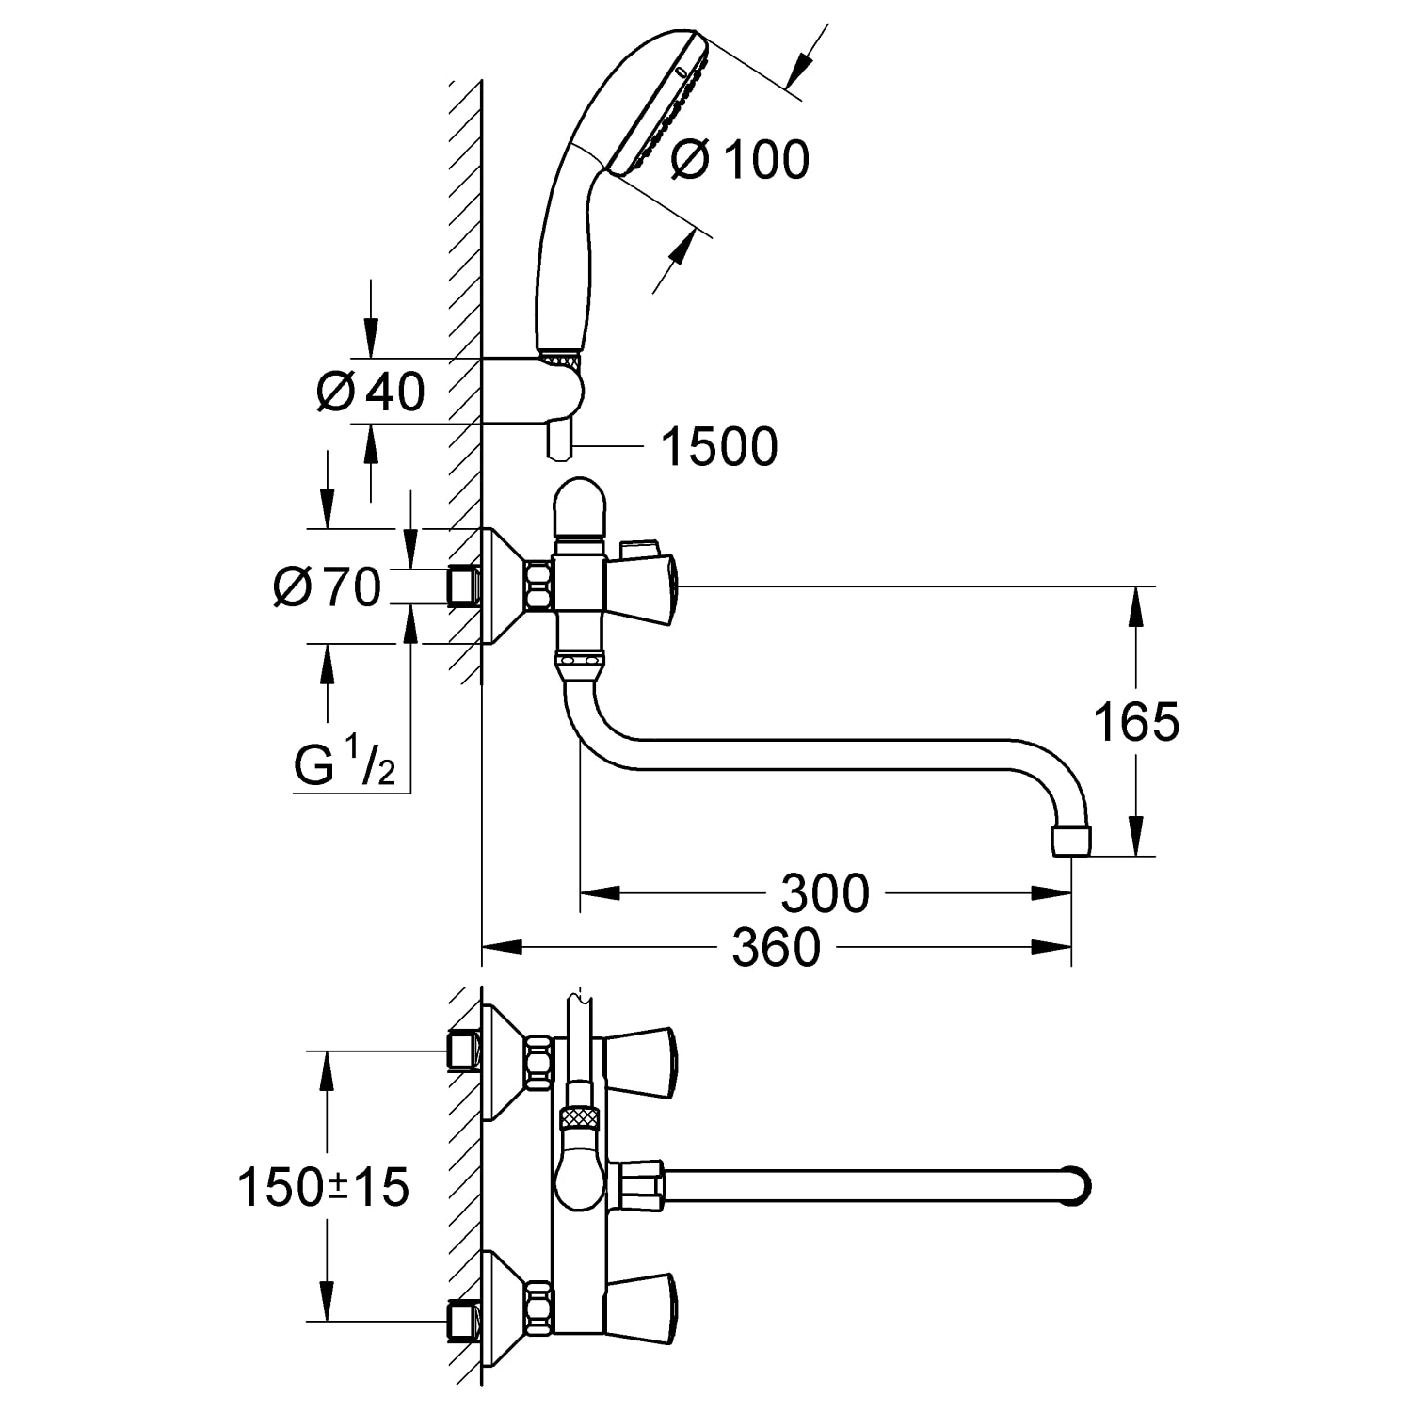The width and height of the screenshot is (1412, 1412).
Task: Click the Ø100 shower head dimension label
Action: (740, 159)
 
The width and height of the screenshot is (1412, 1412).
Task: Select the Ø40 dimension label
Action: (370, 391)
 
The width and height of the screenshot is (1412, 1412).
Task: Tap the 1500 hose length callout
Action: (720, 446)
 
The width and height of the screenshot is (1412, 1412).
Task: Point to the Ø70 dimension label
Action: (327, 587)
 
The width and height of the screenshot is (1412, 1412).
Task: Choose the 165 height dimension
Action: (1135, 723)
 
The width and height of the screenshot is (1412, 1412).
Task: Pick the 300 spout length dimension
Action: (825, 893)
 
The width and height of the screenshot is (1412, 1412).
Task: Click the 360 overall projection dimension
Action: (777, 947)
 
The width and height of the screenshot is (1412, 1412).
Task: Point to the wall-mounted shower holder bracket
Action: (535, 391)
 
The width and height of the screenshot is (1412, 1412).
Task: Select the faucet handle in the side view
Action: (645, 585)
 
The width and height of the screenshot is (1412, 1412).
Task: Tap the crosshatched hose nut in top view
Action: (578, 1119)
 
